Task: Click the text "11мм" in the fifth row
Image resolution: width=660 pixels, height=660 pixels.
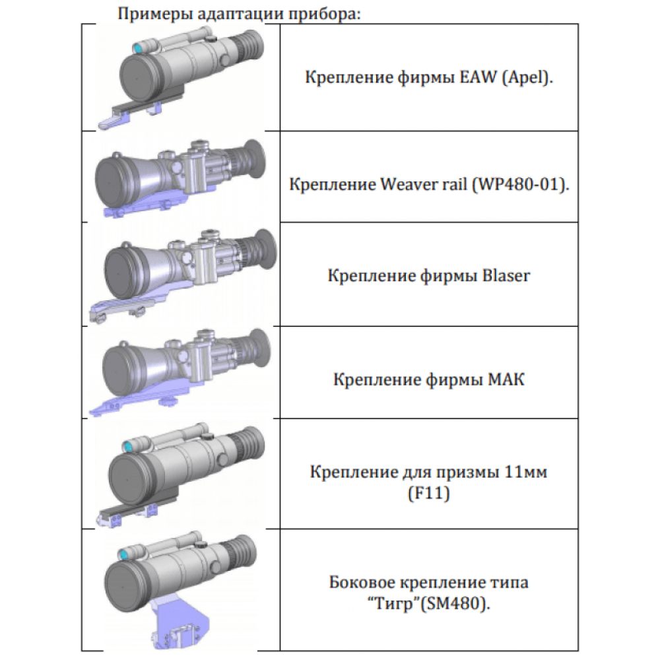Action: [x=525, y=473]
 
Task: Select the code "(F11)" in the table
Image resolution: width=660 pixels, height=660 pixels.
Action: [x=428, y=492]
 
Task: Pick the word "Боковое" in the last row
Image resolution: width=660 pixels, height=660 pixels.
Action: [x=362, y=583]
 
